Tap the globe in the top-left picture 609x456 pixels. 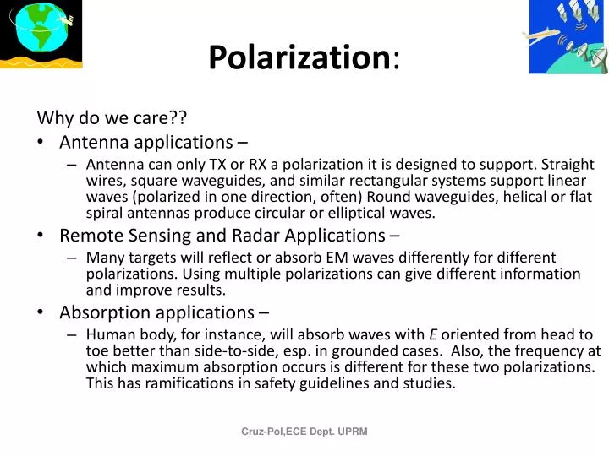tap(35, 30)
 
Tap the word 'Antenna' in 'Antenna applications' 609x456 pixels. tap(91, 142)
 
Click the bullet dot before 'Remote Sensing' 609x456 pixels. tap(41, 236)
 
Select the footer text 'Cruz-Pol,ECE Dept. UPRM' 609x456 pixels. tap(304, 432)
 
